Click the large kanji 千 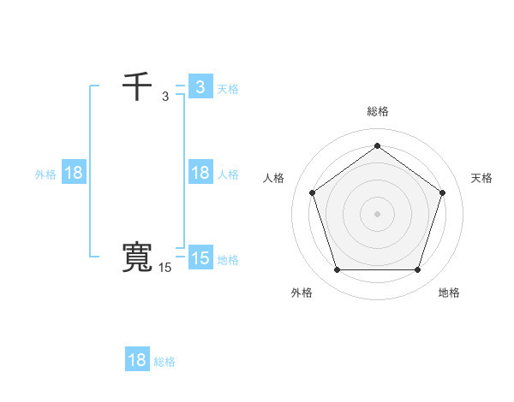click(x=138, y=87)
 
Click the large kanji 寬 click(x=138, y=258)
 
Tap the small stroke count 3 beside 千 click(x=165, y=97)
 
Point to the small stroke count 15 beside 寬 click(x=164, y=268)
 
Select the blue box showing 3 click(x=200, y=87)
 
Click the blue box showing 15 click(x=200, y=258)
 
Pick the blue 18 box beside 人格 click(x=200, y=173)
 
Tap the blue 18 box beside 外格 click(x=74, y=173)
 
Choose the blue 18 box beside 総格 click(x=137, y=360)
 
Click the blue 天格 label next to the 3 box click(x=228, y=89)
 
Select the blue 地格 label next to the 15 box click(x=228, y=260)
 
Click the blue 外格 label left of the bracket click(x=45, y=174)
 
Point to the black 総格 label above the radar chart click(x=378, y=111)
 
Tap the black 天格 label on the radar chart click(x=481, y=178)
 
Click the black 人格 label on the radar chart click(x=273, y=178)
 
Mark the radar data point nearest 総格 click(x=377, y=146)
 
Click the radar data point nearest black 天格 click(x=442, y=192)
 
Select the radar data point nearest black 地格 click(x=417, y=269)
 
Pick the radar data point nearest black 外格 click(x=337, y=269)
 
